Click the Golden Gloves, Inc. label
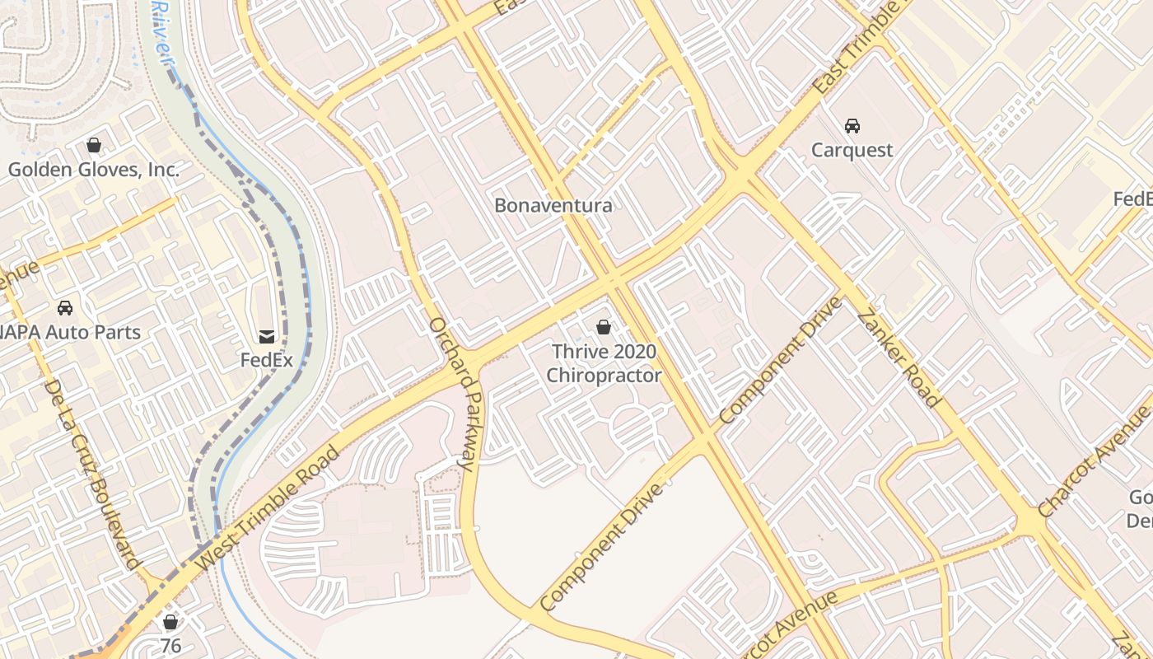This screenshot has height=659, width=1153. [x=93, y=171]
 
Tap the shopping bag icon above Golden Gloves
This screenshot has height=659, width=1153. [x=94, y=146]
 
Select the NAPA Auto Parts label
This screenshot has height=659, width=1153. [x=72, y=333]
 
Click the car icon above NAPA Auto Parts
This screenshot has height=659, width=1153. [x=64, y=308]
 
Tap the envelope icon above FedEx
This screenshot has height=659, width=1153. [x=267, y=336]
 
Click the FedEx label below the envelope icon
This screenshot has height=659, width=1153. [x=267, y=360]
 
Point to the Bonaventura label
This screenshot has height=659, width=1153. [x=553, y=205]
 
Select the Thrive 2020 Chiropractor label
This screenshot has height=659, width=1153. [x=604, y=363]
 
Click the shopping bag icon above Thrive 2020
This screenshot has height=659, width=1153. [x=604, y=328]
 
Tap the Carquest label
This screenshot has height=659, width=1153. [x=852, y=150]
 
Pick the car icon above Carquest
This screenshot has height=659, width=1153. [x=852, y=126]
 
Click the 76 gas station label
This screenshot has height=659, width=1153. [x=170, y=646]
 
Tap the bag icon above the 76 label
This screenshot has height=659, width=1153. [x=170, y=622]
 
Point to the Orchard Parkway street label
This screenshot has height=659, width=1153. [x=451, y=394]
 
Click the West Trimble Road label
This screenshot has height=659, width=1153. [x=269, y=507]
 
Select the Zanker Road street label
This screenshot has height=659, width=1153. [x=899, y=358]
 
